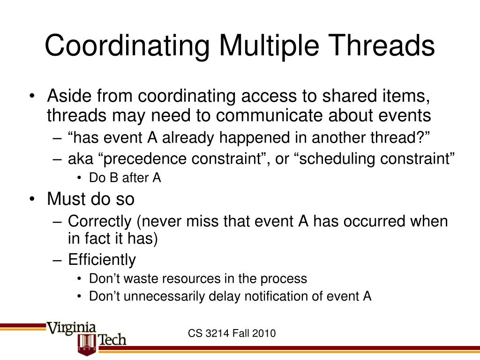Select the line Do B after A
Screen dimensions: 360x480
[125, 179]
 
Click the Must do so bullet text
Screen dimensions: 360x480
[90, 199]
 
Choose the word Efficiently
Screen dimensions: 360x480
[102, 259]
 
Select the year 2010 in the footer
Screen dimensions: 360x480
[264, 333]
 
